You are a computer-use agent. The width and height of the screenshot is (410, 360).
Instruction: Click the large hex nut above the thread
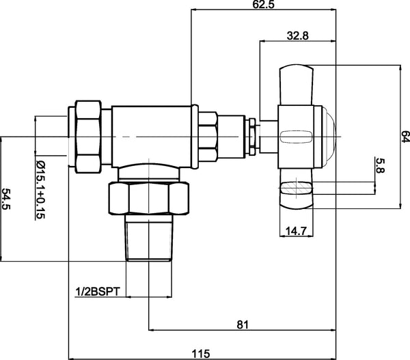pyautogui.click(x=148, y=199)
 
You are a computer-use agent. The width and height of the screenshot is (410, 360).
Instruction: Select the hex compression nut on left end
pyautogui.click(x=90, y=137)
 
